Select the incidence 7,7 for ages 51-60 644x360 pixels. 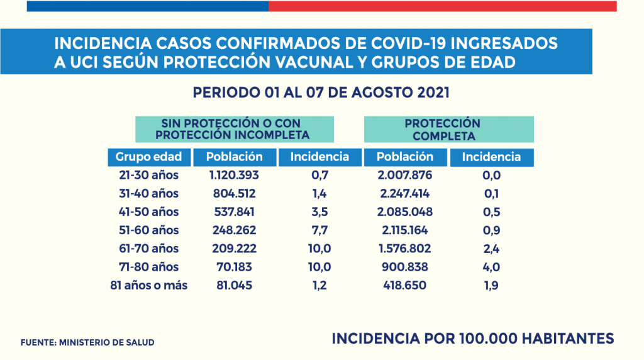pyautogui.click(x=319, y=230)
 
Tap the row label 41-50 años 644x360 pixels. pyautogui.click(x=148, y=211)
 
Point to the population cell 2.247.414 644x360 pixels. pyautogui.click(x=404, y=193)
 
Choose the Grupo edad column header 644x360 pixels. pyautogui.click(x=148, y=157)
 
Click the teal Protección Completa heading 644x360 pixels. pyautogui.click(x=449, y=129)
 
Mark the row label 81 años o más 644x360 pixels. pyautogui.click(x=148, y=285)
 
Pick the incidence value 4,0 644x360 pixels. pyautogui.click(x=491, y=267)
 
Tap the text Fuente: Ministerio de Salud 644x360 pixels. pyautogui.click(x=87, y=342)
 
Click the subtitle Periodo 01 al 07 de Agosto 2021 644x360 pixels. pyautogui.click(x=321, y=93)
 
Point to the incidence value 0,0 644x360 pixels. pyautogui.click(x=491, y=175)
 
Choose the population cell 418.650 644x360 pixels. pyautogui.click(x=404, y=285)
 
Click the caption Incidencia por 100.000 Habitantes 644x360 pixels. pyautogui.click(x=473, y=339)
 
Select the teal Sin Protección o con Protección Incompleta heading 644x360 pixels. pyautogui.click(x=235, y=129)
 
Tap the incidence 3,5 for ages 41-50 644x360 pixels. pyautogui.click(x=319, y=211)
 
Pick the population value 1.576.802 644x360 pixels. pyautogui.click(x=404, y=249)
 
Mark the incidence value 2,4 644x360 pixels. pyautogui.click(x=491, y=249)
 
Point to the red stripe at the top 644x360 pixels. pyautogui.click(x=442, y=6)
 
